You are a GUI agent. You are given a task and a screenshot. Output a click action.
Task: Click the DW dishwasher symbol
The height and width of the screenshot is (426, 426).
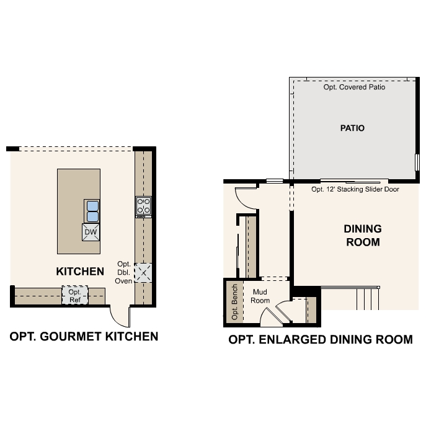pos(91,232)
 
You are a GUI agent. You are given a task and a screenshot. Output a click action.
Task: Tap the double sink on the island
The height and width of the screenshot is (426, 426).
pos(92,211)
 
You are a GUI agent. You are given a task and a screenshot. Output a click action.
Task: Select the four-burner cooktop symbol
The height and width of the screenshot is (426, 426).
pos(144,205)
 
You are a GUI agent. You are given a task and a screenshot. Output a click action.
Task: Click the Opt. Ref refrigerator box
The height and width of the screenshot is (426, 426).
pos(75,295)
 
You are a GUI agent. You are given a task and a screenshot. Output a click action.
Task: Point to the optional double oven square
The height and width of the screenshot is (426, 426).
pos(143,272)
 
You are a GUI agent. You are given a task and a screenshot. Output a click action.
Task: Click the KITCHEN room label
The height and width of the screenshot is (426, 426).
pos(80,271)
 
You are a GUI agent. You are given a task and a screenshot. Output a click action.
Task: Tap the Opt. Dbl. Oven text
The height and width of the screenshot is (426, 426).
pos(124,272)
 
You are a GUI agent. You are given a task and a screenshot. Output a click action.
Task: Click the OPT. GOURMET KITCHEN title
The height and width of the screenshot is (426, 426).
pos(84,337)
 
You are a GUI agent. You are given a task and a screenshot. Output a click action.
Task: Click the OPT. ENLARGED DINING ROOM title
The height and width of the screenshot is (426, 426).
pos(321,340)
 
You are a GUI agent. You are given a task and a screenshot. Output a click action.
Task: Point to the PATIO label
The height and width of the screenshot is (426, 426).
pos(352,128)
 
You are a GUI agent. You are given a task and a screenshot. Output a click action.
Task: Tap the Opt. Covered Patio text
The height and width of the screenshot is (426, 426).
pos(355,87)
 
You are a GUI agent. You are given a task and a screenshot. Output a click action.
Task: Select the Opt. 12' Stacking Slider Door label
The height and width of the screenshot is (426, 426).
pos(355,189)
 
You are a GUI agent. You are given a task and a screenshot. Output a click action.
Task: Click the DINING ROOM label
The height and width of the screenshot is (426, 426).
pos(363,236)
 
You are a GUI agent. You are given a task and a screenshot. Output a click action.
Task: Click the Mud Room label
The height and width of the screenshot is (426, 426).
pos(260,296)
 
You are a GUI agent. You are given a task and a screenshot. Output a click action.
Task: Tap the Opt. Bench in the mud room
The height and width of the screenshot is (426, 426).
pos(234,302)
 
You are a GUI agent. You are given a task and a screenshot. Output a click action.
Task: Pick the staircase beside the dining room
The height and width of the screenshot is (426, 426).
pos(367,298)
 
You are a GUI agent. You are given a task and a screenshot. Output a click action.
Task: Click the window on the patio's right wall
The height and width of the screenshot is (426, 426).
pos(417,161)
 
